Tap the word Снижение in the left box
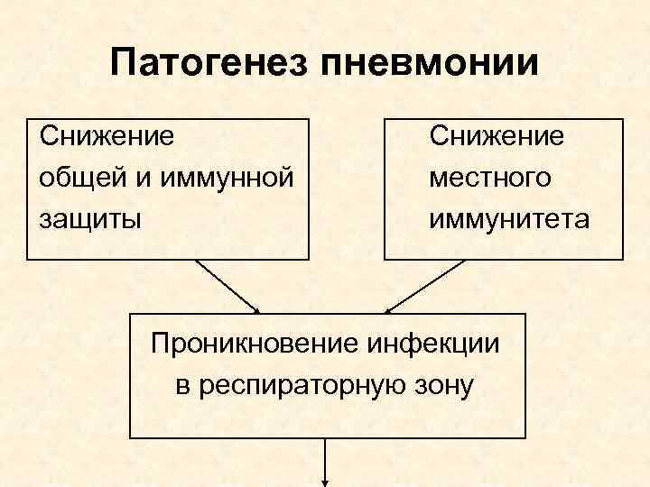107,137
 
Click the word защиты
89,219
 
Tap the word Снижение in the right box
497,137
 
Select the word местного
489,178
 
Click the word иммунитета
509,219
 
